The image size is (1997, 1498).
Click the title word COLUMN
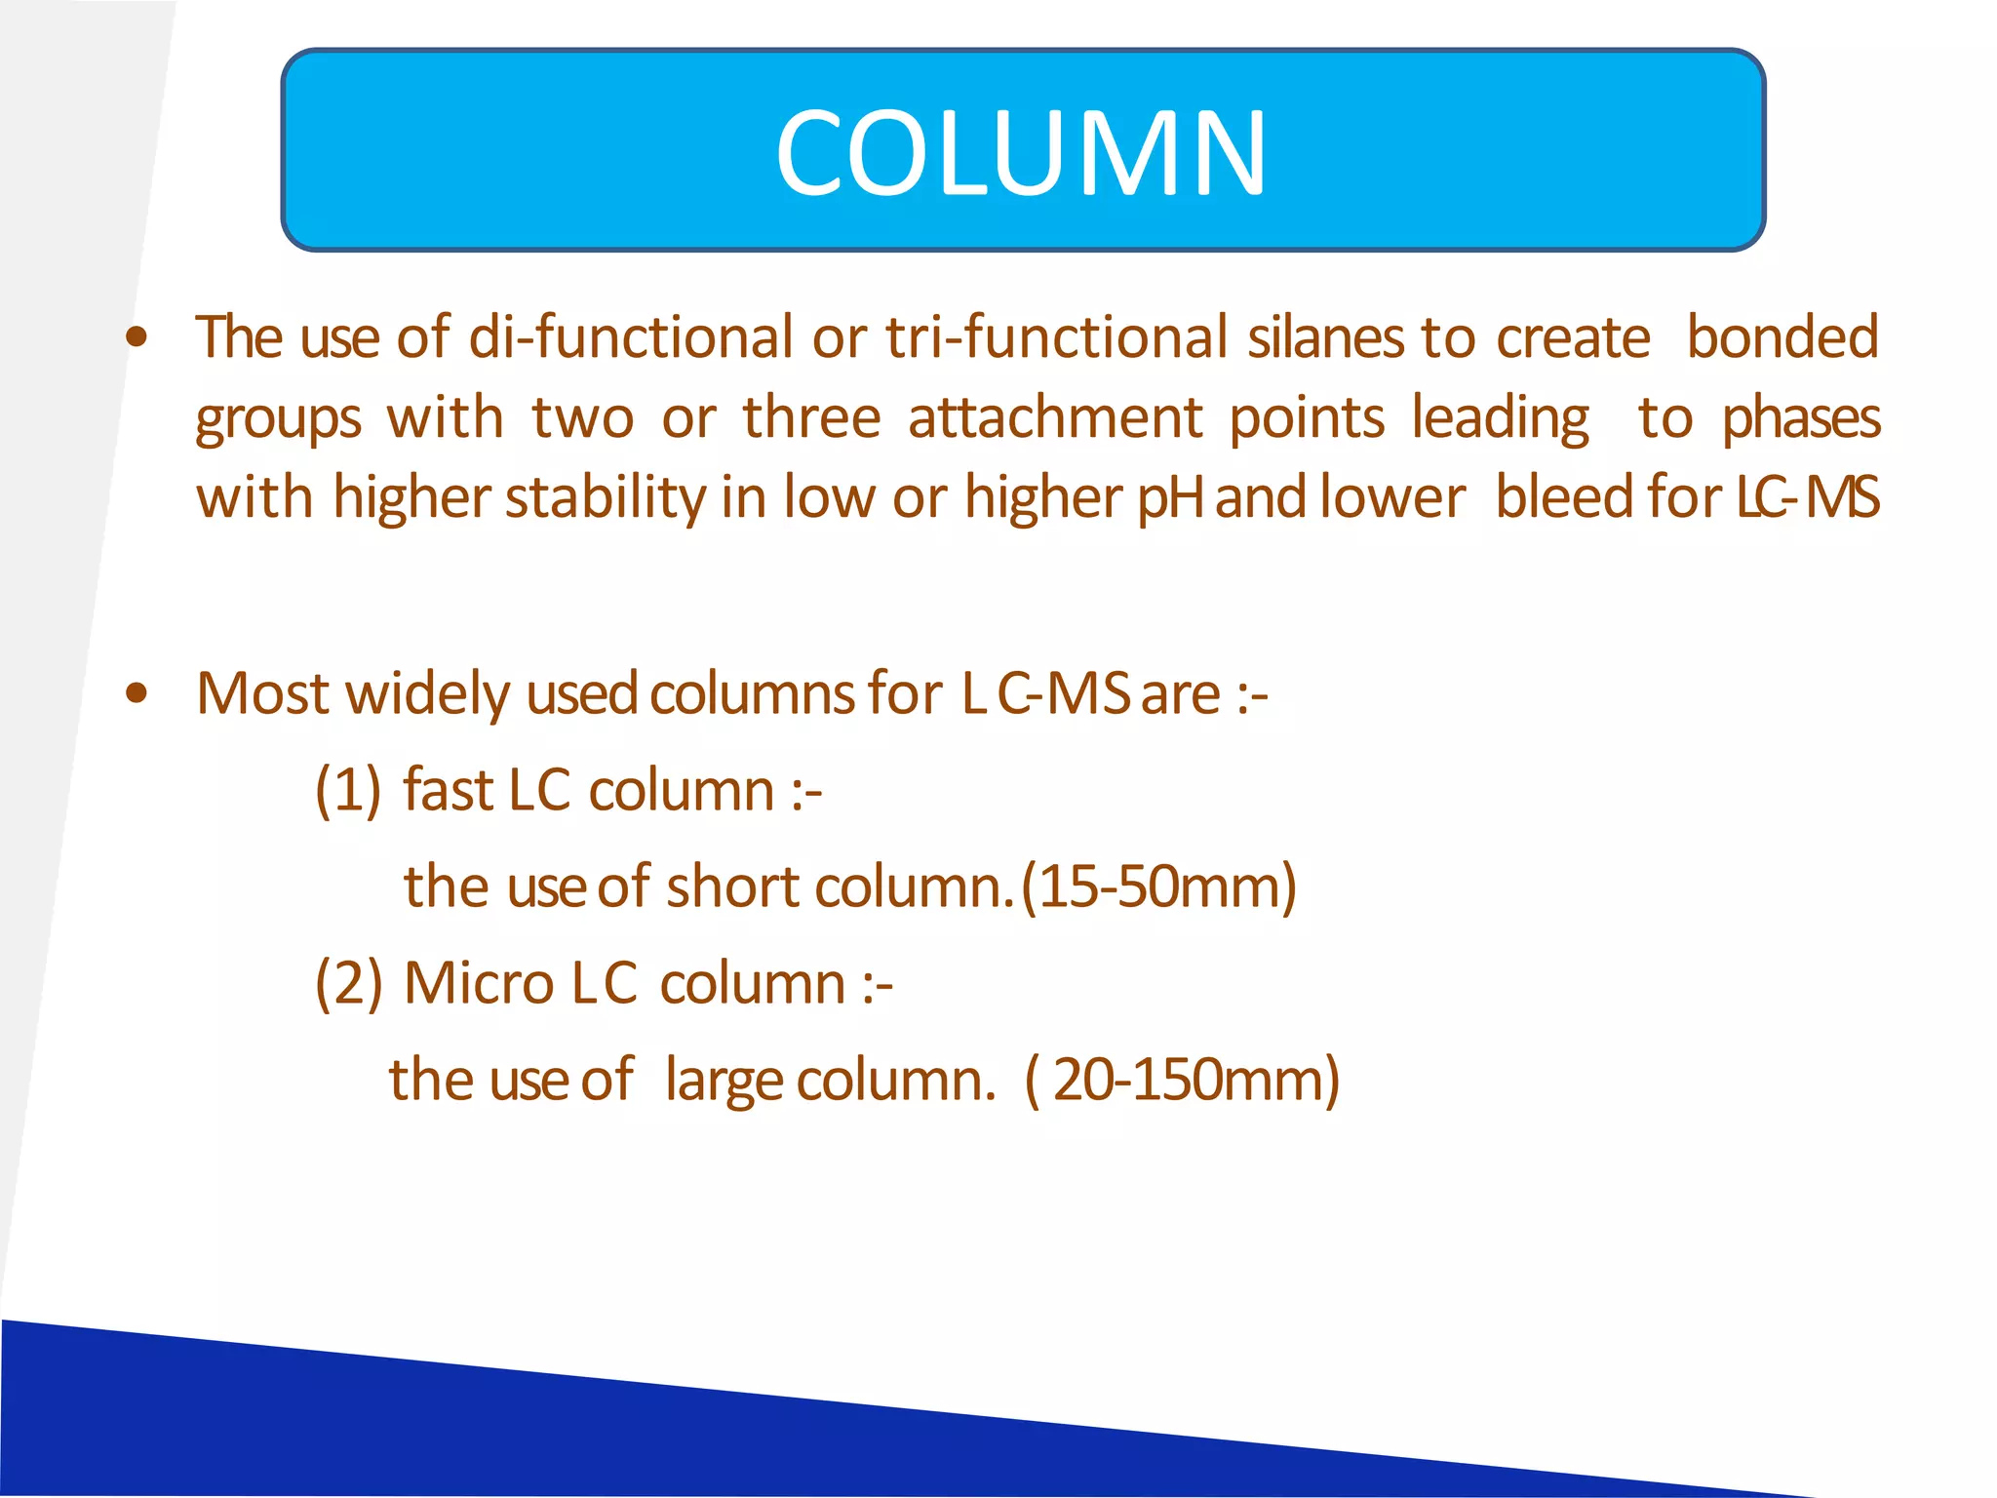pyautogui.click(x=1021, y=153)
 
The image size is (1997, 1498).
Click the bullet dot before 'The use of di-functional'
pyautogui.click(x=137, y=337)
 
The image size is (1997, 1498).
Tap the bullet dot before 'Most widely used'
pyautogui.click(x=137, y=693)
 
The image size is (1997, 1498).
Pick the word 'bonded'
pyautogui.click(x=1782, y=337)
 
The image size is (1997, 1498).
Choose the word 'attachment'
pyautogui.click(x=1055, y=418)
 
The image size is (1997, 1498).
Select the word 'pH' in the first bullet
pyautogui.click(x=1171, y=499)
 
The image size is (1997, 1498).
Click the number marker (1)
pyautogui.click(x=348, y=789)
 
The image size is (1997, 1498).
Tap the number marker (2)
pyautogui.click(x=348, y=982)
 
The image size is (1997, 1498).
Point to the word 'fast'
pyautogui.click(x=449, y=789)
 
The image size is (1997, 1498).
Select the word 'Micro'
pyautogui.click(x=479, y=982)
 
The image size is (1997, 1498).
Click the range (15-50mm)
pyautogui.click(x=1158, y=887)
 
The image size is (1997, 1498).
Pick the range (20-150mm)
pyautogui.click(x=1182, y=1080)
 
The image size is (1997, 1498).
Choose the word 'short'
pyautogui.click(x=732, y=887)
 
